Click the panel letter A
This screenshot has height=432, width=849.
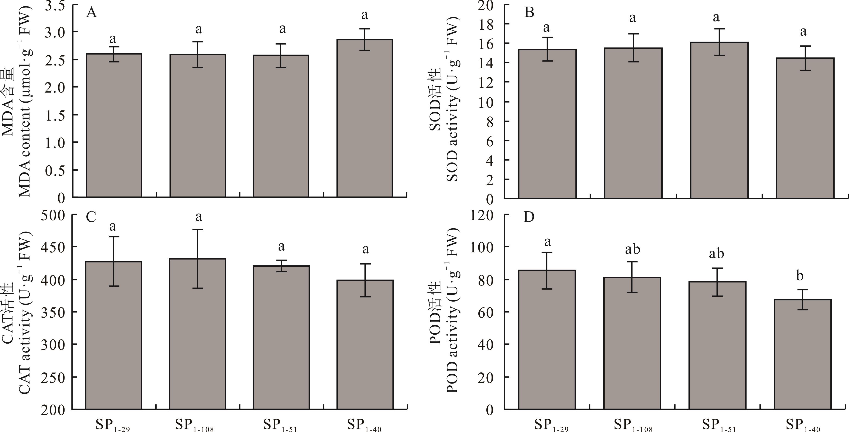[x=91, y=13]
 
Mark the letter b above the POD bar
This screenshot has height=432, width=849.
[x=800, y=275]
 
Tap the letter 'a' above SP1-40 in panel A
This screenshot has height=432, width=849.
[x=364, y=15]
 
